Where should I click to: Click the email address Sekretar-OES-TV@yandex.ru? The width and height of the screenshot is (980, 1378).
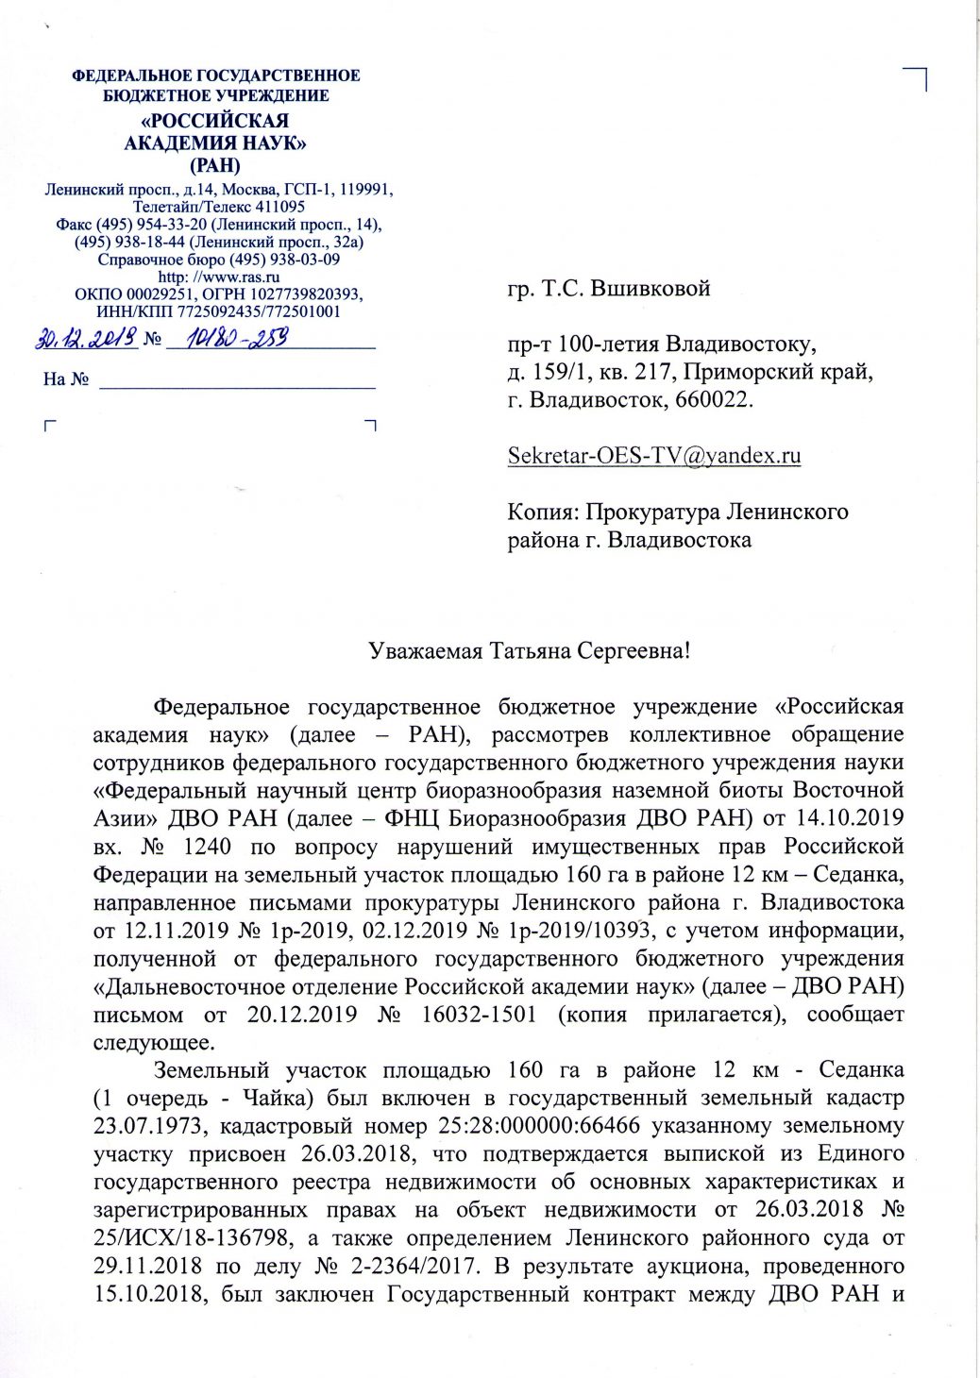pyautogui.click(x=654, y=455)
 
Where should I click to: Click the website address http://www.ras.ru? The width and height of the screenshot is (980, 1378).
pyautogui.click(x=219, y=277)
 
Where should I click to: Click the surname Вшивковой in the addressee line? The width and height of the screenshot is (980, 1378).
pyautogui.click(x=650, y=289)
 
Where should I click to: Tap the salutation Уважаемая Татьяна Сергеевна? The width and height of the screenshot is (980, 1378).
pyautogui.click(x=530, y=651)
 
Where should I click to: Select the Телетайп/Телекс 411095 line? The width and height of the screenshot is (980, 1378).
pyautogui.click(x=219, y=207)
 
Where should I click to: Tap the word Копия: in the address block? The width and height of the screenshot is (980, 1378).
pyautogui.click(x=543, y=513)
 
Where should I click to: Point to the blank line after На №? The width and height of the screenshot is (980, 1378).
pyautogui.click(x=238, y=379)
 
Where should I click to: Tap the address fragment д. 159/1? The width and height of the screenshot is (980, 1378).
pyautogui.click(x=550, y=372)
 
